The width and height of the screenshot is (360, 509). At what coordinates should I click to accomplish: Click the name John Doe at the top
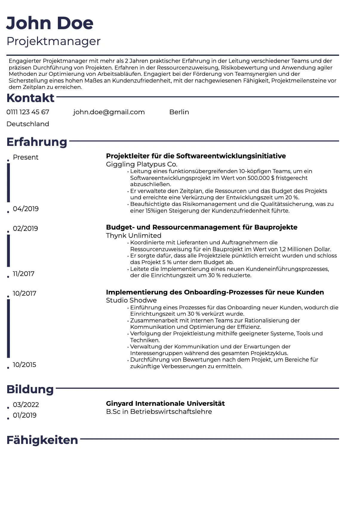(x=50, y=23)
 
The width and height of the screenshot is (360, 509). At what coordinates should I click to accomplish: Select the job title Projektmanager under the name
(x=53, y=41)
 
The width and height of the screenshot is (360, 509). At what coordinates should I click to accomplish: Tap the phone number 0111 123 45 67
(x=28, y=112)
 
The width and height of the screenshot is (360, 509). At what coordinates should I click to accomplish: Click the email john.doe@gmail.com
(x=109, y=112)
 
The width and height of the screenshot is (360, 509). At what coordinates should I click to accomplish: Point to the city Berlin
(x=179, y=112)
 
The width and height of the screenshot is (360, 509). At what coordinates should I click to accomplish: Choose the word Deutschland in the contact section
(x=28, y=124)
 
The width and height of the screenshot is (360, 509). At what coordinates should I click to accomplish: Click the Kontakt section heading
(x=30, y=98)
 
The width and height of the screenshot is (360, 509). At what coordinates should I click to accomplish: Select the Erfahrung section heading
(x=37, y=142)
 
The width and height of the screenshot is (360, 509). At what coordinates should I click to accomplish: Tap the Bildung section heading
(x=30, y=389)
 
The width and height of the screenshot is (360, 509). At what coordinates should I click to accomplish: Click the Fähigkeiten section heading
(x=42, y=440)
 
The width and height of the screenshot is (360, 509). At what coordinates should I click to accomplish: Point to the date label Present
(x=26, y=157)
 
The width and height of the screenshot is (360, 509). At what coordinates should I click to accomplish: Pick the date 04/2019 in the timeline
(x=26, y=209)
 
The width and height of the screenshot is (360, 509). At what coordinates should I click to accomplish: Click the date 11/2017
(x=24, y=274)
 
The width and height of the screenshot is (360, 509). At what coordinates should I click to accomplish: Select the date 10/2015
(x=24, y=365)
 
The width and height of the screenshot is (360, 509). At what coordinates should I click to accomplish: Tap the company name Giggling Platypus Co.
(x=141, y=164)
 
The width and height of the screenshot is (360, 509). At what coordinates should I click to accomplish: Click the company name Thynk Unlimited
(x=133, y=235)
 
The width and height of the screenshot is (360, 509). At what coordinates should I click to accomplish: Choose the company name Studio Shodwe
(x=131, y=300)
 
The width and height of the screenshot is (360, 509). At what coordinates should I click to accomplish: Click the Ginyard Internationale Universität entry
(x=165, y=403)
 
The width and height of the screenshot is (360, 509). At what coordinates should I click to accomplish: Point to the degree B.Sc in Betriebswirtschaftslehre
(x=159, y=412)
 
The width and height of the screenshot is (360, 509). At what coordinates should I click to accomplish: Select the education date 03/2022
(x=26, y=405)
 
